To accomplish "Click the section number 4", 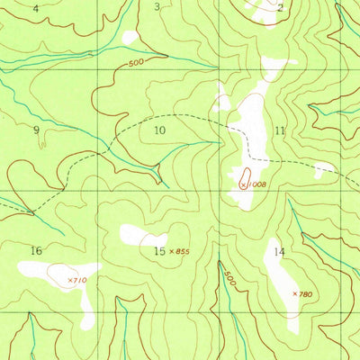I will (x=35, y=8).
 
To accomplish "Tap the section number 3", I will (x=157, y=7).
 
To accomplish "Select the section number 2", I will (x=281, y=8).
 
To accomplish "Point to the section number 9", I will (x=36, y=130).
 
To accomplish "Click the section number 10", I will (x=159, y=130).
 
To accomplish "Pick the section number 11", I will (x=280, y=130).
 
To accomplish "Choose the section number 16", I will (x=36, y=250).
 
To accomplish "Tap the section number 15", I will (x=158, y=251).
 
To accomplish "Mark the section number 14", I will (x=280, y=252).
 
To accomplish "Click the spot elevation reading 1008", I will (x=254, y=184).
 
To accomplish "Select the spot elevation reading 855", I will (x=182, y=251).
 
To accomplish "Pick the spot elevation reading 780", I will (x=305, y=293).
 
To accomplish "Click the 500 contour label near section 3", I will (x=136, y=63).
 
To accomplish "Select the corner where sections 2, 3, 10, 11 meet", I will (x=217, y=67).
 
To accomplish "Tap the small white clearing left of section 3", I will (x=130, y=37).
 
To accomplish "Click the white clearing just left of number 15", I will (x=139, y=236).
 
